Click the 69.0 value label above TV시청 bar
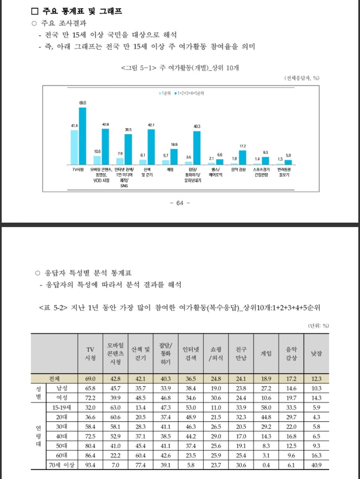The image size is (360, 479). point(82,103)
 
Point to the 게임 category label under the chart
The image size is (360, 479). point(170,169)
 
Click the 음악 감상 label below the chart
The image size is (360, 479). point(238,169)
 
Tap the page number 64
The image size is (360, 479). point(180,203)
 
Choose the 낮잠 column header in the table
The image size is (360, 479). point(316,354)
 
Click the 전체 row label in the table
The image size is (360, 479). point(54,379)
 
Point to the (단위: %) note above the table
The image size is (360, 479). point(318,326)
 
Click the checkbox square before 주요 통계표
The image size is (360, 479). point(35,12)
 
